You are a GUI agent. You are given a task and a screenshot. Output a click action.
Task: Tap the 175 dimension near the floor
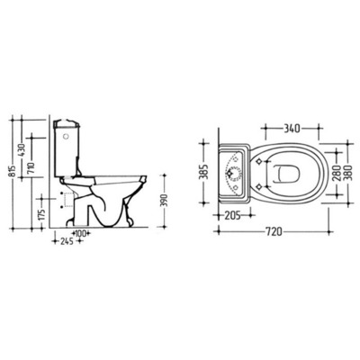42,213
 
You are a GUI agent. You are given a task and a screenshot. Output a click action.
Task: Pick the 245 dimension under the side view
66,241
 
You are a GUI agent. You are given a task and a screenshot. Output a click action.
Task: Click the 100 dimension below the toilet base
81,233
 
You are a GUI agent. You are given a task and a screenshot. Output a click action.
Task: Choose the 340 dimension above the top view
292,129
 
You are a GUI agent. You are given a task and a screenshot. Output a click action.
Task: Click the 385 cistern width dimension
205,173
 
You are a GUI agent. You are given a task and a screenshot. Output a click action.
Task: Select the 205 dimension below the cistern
233,215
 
